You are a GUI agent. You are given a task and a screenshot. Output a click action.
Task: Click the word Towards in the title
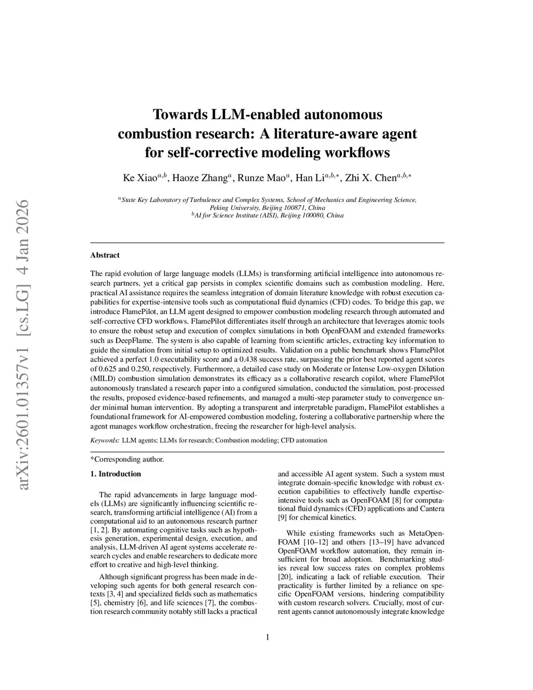tap(179, 114)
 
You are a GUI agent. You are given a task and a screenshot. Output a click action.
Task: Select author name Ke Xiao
tap(139, 178)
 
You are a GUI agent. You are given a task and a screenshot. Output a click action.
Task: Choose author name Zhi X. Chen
tap(371, 178)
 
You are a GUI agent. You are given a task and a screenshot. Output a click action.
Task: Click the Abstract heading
tap(105, 255)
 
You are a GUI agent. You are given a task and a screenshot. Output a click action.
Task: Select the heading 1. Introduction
tap(116, 474)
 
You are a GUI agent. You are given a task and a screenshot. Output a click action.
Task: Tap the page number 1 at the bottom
tap(267, 637)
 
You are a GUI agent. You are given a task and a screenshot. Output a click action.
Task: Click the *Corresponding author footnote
tap(128, 459)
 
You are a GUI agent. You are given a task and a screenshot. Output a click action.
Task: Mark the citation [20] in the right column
tap(285, 577)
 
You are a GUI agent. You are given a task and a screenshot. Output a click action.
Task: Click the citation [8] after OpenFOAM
tap(389, 500)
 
